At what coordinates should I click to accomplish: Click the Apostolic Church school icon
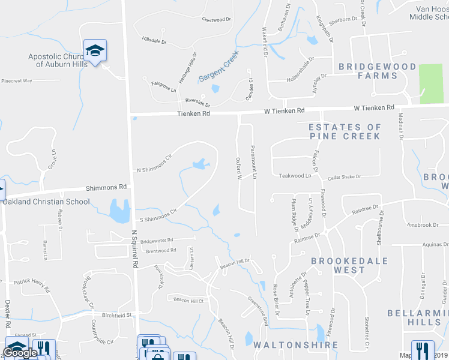click(x=95, y=51)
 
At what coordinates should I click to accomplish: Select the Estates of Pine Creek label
click(x=345, y=131)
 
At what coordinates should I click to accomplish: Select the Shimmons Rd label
click(x=107, y=187)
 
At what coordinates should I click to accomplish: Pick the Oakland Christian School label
click(x=46, y=202)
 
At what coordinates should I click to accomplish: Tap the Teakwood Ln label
click(x=295, y=176)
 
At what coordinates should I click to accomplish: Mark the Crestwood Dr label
click(x=217, y=20)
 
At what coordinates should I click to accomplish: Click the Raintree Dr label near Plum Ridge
click(x=308, y=239)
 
